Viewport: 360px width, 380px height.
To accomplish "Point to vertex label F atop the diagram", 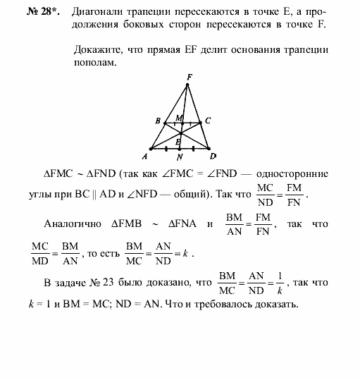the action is pos(189,76).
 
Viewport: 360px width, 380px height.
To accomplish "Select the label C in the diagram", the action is pos(208,121).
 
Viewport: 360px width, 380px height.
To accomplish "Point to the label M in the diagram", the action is pos(179,117).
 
